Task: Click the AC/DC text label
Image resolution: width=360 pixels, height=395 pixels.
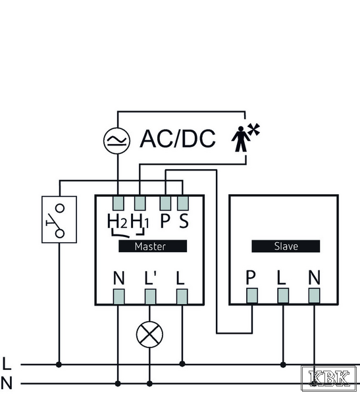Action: point(178,138)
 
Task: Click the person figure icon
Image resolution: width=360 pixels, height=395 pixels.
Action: point(241,139)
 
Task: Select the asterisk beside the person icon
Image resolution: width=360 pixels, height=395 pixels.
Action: point(253,130)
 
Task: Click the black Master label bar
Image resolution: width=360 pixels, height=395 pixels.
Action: point(153,246)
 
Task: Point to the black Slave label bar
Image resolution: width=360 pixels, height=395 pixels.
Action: point(286,246)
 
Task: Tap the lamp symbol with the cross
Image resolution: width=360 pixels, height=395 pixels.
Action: point(149,334)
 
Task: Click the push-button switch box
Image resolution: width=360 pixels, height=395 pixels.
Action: point(59,219)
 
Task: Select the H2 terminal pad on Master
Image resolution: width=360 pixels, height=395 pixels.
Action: point(118,203)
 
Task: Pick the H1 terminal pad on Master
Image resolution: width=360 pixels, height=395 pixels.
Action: point(140,203)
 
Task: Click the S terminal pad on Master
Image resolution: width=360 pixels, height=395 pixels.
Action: point(183,203)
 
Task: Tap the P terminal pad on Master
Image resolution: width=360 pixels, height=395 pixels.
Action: point(165,203)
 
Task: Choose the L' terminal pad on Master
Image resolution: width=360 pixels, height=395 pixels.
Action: point(151,296)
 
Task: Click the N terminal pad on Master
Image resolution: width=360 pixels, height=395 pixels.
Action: point(118,296)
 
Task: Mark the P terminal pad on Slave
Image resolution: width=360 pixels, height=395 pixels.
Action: point(252,296)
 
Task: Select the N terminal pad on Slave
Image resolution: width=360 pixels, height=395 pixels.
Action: point(314,296)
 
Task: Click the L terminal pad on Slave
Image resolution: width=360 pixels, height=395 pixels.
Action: point(283,296)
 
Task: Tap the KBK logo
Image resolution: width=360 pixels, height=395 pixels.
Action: point(329,379)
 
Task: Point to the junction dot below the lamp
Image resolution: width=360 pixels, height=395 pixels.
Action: point(149,384)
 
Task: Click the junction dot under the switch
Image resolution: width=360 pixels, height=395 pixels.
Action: point(59,364)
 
